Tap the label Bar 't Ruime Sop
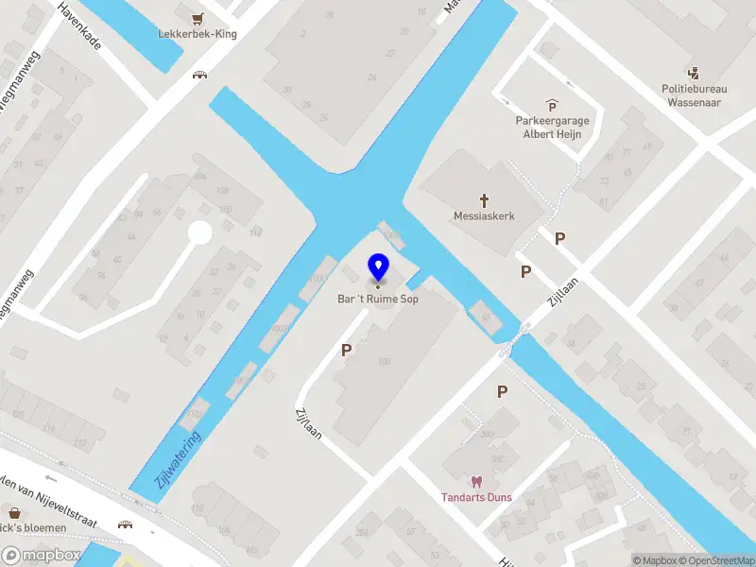click(x=378, y=299)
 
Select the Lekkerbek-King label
click(x=198, y=34)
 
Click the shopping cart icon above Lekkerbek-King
click(x=198, y=18)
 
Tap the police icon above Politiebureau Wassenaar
click(x=695, y=72)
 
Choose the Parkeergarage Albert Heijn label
click(x=552, y=127)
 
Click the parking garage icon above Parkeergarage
click(x=552, y=105)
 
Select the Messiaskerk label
click(x=484, y=215)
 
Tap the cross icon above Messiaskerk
click(x=484, y=199)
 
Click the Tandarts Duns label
click(x=475, y=497)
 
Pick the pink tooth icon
click(x=475, y=481)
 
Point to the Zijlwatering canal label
click(x=179, y=460)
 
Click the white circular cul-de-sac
click(x=199, y=232)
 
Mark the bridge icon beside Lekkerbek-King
click(x=200, y=75)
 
